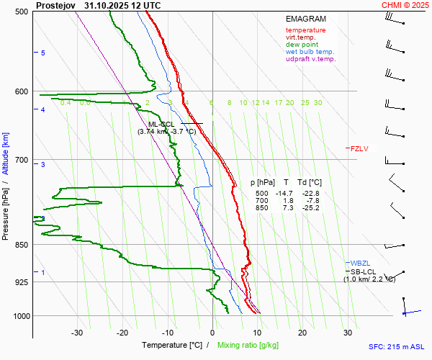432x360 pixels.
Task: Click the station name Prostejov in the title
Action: pyautogui.click(x=55, y=5)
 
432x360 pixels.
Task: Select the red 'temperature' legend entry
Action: pyautogui.click(x=305, y=30)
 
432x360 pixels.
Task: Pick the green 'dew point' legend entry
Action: pyautogui.click(x=302, y=45)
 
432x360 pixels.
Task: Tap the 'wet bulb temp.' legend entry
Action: pyautogui.click(x=310, y=52)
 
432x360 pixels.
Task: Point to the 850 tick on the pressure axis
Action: pyautogui.click(x=20, y=245)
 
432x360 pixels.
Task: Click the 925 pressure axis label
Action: pyautogui.click(x=20, y=282)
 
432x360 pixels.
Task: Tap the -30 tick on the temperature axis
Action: pyautogui.click(x=77, y=333)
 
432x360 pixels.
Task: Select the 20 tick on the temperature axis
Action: pyautogui.click(x=302, y=333)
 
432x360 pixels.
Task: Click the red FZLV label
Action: pyautogui.click(x=359, y=149)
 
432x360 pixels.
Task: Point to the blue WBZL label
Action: pyautogui.click(x=359, y=263)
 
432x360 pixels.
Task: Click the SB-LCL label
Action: pyautogui.click(x=363, y=271)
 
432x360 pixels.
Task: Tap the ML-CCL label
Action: pyautogui.click(x=156, y=124)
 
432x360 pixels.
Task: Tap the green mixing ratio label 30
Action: pyautogui.click(x=318, y=103)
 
